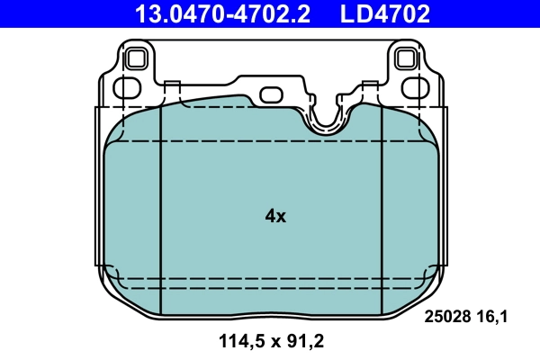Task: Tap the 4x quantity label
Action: click(x=275, y=216)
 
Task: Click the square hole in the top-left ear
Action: click(x=137, y=59)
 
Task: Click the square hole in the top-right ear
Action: click(x=407, y=59)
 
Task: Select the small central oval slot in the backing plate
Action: click(x=271, y=94)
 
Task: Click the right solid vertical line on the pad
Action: click(x=383, y=207)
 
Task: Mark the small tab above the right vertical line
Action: click(x=369, y=86)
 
